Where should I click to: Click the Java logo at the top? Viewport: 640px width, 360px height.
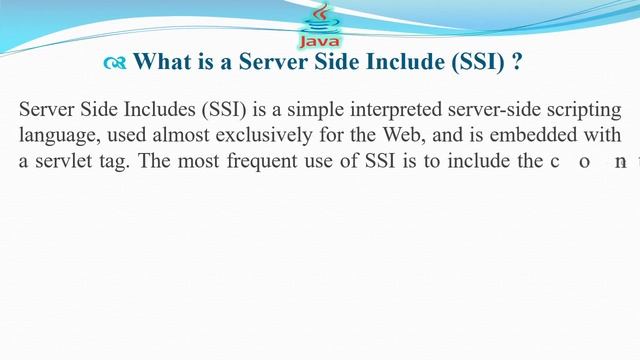point(319,26)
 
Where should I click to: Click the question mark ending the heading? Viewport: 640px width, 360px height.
point(517,62)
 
